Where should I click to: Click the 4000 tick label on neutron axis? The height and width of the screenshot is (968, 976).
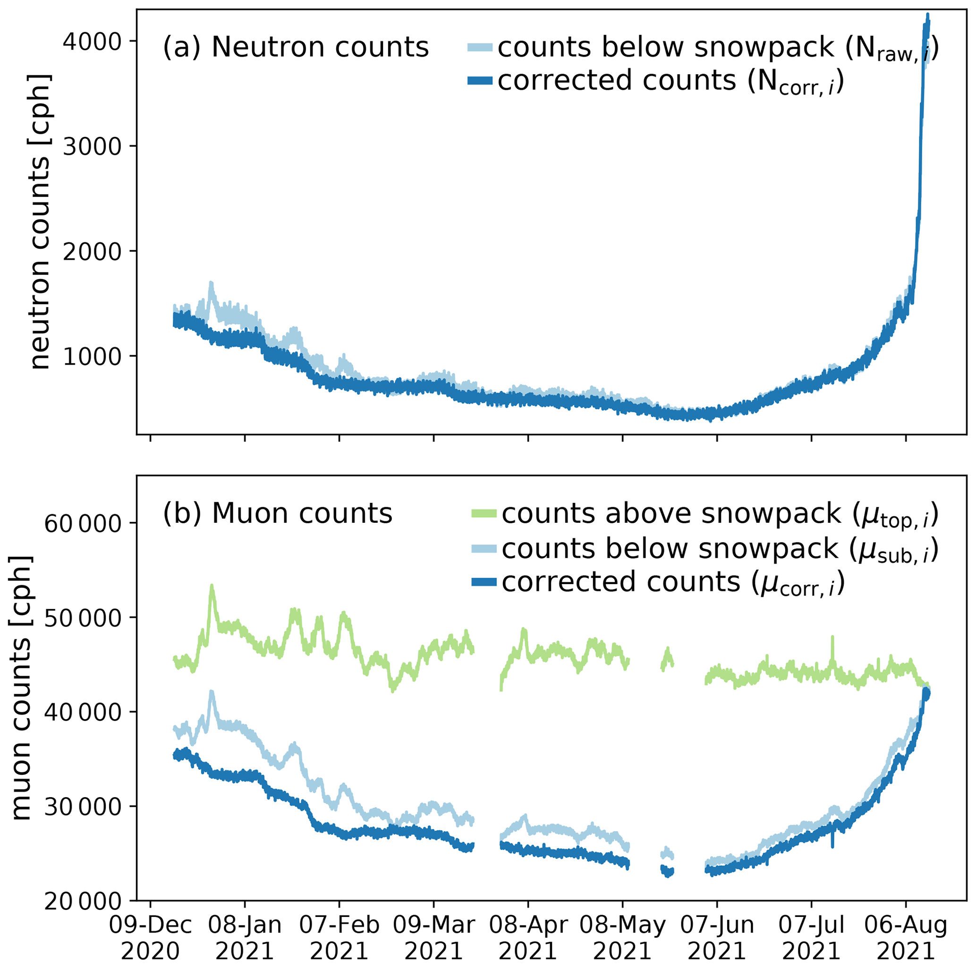93,42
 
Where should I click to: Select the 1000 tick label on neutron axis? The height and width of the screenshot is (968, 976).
93,356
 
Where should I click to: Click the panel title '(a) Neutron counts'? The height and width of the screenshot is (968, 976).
296,48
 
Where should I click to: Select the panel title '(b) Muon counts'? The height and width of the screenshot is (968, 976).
277,513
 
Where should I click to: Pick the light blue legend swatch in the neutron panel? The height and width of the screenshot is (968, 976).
479,48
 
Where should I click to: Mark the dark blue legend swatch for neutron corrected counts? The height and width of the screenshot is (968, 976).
479,81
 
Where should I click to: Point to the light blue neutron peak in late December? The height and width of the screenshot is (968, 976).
211,284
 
